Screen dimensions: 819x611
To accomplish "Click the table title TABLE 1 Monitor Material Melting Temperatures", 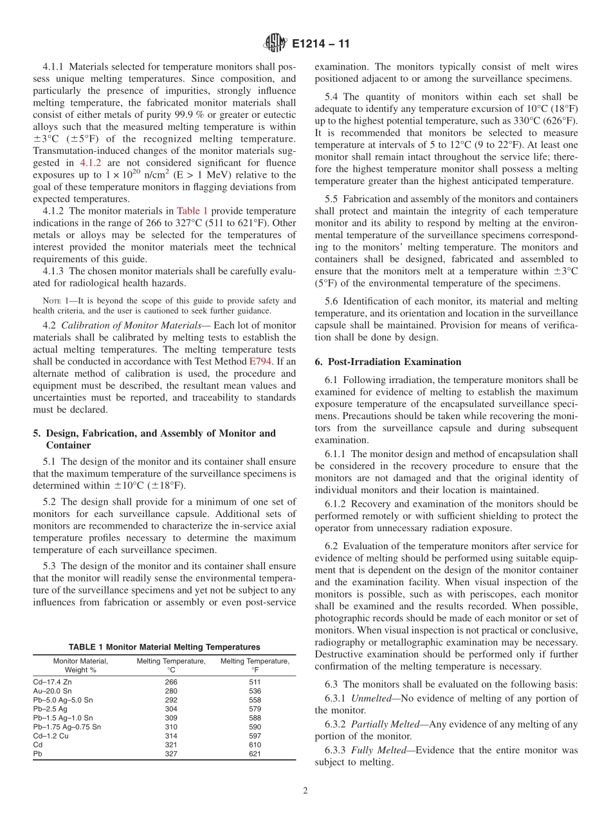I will [164, 647].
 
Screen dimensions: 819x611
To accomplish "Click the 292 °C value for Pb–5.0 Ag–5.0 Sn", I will [170, 699].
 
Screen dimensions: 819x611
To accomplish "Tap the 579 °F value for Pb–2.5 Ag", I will [255, 708].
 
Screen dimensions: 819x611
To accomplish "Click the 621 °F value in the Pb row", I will [255, 753].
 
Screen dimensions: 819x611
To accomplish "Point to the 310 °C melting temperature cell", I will [170, 726].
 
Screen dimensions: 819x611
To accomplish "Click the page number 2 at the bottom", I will [305, 791].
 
